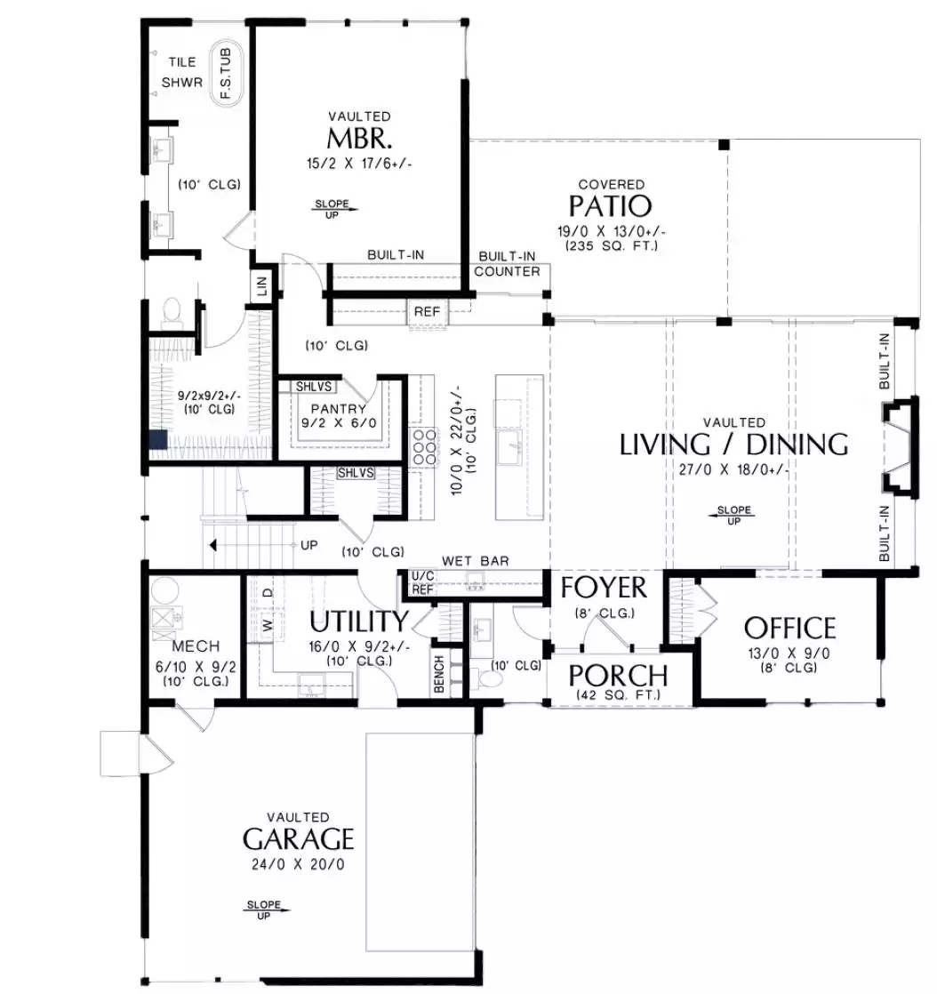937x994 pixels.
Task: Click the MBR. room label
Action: tap(359, 138)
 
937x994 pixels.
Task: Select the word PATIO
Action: tap(610, 205)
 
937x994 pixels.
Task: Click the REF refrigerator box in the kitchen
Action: tap(427, 312)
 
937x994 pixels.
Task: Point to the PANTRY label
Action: tap(339, 409)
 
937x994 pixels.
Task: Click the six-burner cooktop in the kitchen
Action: tap(424, 447)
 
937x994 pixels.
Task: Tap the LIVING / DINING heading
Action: tap(733, 445)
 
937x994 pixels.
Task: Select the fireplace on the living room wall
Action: tap(900, 447)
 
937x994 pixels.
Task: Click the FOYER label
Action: tap(604, 588)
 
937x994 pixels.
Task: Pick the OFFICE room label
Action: tap(790, 629)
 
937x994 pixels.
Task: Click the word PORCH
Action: tap(618, 676)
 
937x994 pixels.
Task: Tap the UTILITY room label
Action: tap(359, 621)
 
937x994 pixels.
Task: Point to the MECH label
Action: tap(196, 646)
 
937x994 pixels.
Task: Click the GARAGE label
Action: tap(298, 839)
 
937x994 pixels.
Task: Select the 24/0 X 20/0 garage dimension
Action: tap(298, 865)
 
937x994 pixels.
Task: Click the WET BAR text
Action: tap(476, 561)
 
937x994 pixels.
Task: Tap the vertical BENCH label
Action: tap(439, 675)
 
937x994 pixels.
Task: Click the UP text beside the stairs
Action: tap(309, 545)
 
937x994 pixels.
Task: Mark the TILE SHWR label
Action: tap(182, 72)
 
